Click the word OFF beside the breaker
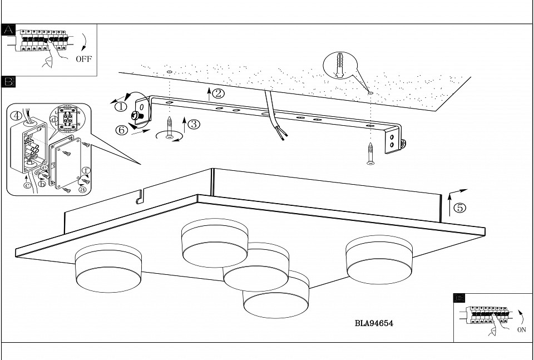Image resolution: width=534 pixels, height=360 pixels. coord(83,59)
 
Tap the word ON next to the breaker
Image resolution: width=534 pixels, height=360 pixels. coord(521,329)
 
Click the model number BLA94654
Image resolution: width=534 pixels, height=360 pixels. coord(374,323)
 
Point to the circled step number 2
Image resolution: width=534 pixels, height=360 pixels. coord(218,93)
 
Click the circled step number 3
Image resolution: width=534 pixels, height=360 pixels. coord(194,124)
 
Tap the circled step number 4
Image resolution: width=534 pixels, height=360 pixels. coord(17,116)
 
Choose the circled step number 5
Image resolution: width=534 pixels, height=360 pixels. coord(459,208)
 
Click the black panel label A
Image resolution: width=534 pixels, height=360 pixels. coord(8,30)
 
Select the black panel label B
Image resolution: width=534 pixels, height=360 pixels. coord(8,82)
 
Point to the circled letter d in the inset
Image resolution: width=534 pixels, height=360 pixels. coord(53,119)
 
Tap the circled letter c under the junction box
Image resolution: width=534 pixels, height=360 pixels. coord(27,185)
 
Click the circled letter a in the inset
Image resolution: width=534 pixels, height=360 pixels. coord(83,189)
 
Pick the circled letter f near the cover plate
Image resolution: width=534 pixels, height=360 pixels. coord(86,171)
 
